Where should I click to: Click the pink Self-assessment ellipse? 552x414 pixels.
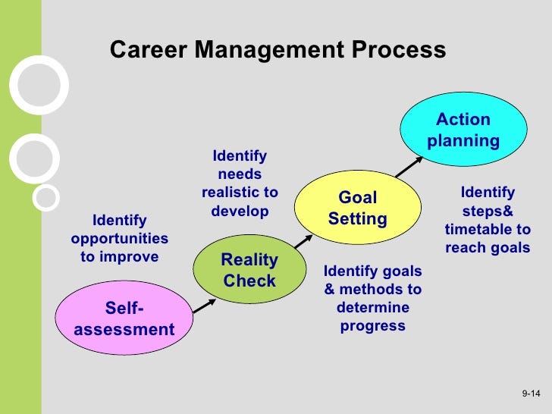tap(124, 318)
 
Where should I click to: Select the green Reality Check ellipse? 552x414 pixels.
tap(249, 269)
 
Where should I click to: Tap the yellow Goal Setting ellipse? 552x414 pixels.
tap(358, 207)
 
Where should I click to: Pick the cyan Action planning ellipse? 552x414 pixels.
tap(463, 129)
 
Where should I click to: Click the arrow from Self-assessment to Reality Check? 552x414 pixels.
tap(204, 306)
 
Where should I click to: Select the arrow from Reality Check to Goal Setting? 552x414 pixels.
tap(303, 241)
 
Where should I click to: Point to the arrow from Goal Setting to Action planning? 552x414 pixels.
tap(409, 167)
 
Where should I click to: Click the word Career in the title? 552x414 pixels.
tap(149, 49)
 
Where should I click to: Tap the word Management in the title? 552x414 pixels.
tap(269, 50)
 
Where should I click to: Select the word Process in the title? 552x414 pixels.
tap(399, 49)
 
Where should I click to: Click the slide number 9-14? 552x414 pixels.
tap(531, 394)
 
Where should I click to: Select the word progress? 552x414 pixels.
tap(373, 326)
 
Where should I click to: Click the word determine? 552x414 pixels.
tap(373, 307)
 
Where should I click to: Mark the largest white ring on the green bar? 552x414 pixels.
tap(39, 85)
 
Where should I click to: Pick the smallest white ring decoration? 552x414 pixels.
tap(45, 197)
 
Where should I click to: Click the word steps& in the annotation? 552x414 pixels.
tap(488, 212)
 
